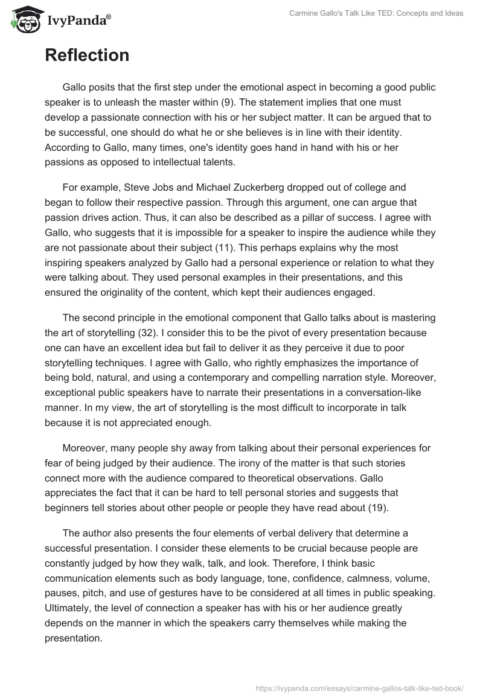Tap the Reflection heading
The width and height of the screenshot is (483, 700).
[x=87, y=56]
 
